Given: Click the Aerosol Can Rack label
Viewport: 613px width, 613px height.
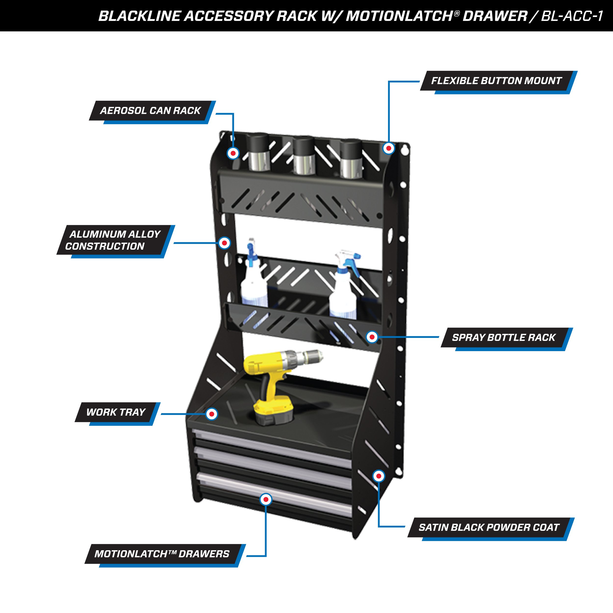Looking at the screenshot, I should click(150, 111).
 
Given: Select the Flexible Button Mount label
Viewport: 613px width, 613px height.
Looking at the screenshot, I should click(496, 81).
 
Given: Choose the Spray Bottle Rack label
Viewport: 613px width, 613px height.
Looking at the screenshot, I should click(504, 338).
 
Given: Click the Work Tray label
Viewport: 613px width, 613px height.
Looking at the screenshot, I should click(115, 412).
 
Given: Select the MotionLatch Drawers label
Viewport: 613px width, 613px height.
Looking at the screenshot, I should click(162, 554).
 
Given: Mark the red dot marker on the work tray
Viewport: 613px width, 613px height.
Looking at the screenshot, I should click(212, 414).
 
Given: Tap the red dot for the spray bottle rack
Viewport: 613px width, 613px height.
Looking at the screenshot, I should click(372, 337).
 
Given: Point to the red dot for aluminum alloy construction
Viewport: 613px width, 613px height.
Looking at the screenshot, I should click(225, 243).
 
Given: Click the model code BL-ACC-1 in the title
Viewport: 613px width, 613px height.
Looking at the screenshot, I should click(572, 16).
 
